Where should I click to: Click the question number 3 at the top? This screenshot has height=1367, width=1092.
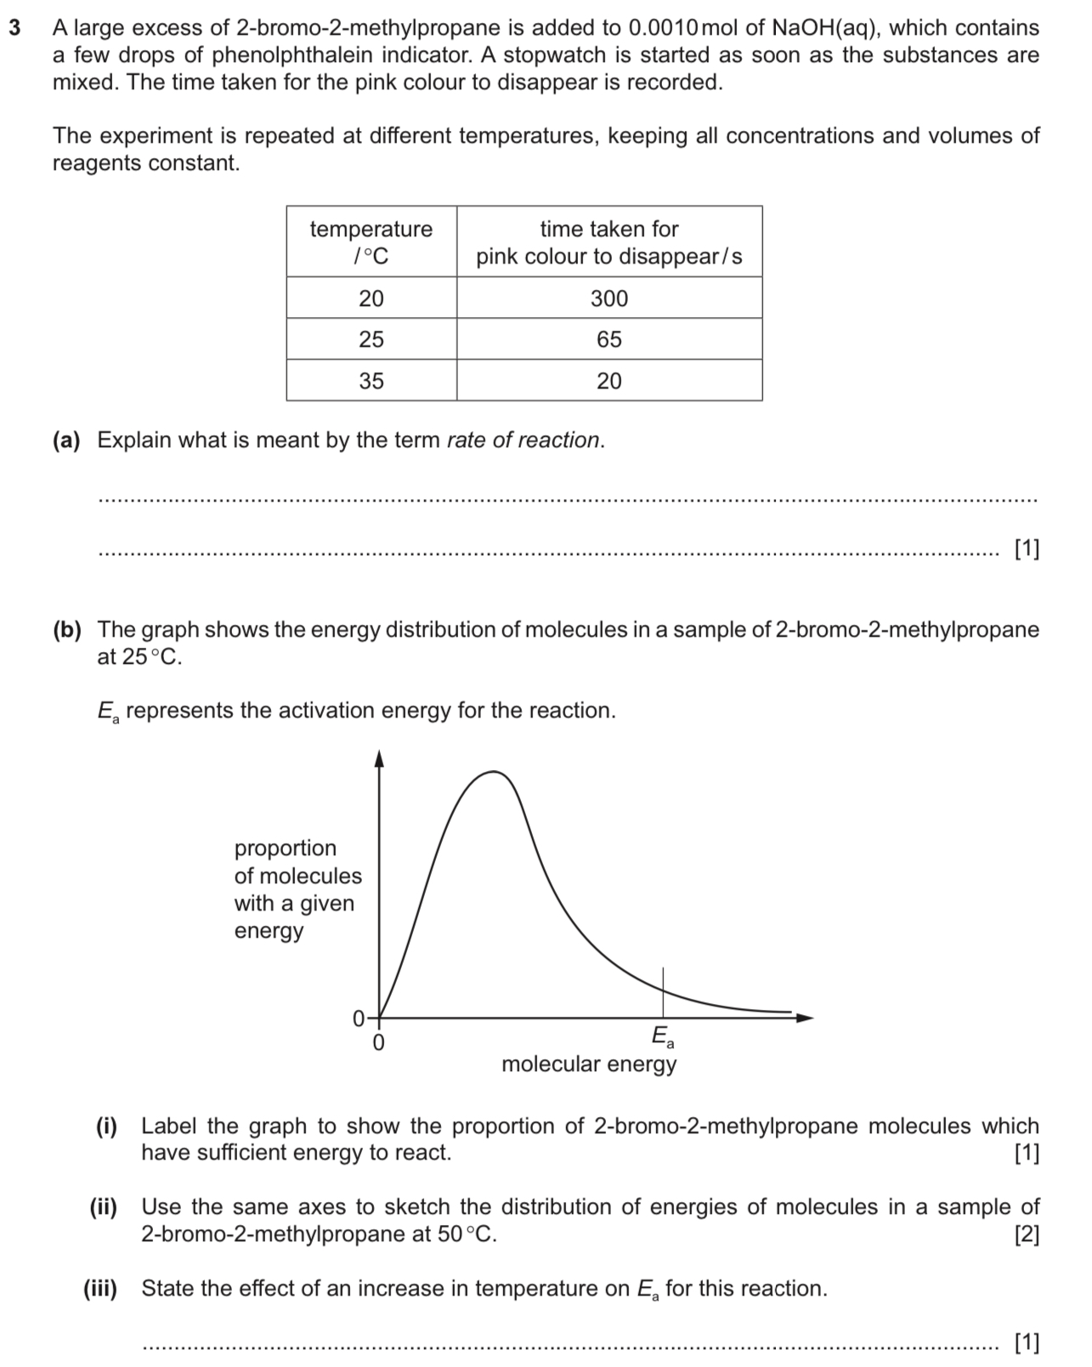(14, 28)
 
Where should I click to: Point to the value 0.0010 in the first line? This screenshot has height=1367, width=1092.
(661, 28)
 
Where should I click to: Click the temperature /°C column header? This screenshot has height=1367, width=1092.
(371, 241)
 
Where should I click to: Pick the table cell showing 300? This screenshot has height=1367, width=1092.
(609, 298)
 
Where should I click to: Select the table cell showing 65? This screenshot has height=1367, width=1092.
(609, 339)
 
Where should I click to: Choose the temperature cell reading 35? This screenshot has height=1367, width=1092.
(371, 381)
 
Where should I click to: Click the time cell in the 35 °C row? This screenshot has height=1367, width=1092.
(609, 381)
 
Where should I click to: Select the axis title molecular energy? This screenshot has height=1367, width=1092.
(589, 1064)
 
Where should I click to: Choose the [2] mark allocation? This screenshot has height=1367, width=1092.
(1027, 1234)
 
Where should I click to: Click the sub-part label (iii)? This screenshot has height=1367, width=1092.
(100, 1289)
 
